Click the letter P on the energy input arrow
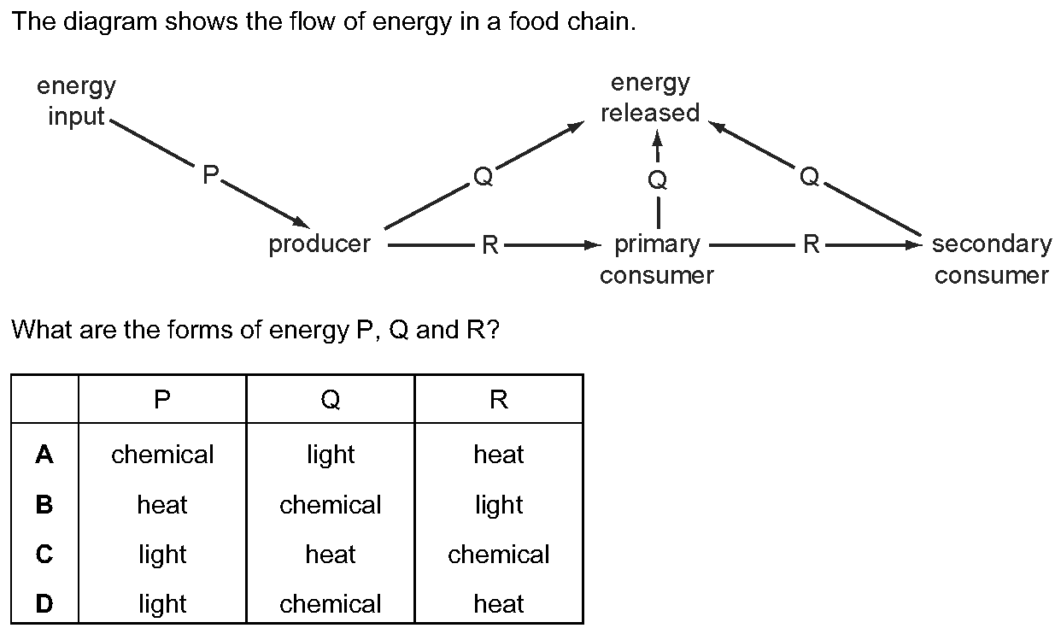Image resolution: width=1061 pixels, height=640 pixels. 210,174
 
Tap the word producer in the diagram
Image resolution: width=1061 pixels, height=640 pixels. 319,245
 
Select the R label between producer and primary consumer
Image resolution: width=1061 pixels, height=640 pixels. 489,245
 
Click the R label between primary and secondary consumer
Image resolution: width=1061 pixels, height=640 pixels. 811,244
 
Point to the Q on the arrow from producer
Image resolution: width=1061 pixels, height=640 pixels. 484,176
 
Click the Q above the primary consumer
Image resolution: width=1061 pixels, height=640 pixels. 658,179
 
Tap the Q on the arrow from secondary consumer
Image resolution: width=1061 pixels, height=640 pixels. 809,176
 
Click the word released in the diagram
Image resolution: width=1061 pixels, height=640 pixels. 650,113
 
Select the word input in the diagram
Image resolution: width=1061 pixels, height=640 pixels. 76,116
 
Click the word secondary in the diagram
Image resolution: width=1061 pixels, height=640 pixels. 992,245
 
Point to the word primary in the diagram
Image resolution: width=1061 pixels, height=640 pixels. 657,245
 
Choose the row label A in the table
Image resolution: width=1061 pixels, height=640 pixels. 44,454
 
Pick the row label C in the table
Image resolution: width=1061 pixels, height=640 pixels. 44,554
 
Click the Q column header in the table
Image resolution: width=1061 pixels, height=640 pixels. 330,399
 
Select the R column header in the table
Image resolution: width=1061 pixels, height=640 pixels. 499,399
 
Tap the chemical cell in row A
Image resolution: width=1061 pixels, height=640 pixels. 162,455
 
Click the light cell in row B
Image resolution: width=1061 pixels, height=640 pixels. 499,505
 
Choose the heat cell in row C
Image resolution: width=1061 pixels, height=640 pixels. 330,555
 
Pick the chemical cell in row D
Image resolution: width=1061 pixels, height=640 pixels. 330,604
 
